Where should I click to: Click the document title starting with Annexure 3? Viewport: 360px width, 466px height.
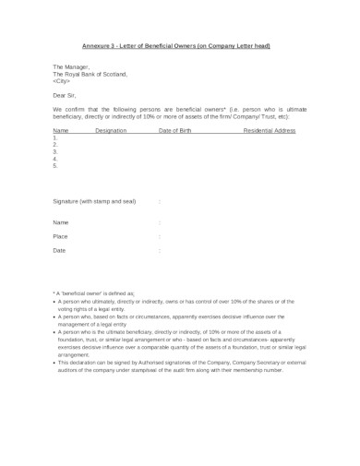(180, 45)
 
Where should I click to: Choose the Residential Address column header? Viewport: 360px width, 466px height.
(269, 131)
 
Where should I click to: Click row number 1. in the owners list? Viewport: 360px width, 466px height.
(55, 138)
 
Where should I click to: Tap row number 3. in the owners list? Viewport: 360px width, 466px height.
(55, 152)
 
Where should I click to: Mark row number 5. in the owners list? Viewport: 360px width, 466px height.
(55, 166)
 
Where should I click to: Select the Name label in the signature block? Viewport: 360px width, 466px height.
(60, 222)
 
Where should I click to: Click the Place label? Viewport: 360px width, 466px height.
(60, 236)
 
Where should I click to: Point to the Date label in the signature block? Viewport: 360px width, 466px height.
(59, 250)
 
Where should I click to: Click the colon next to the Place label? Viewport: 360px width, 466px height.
(160, 236)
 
